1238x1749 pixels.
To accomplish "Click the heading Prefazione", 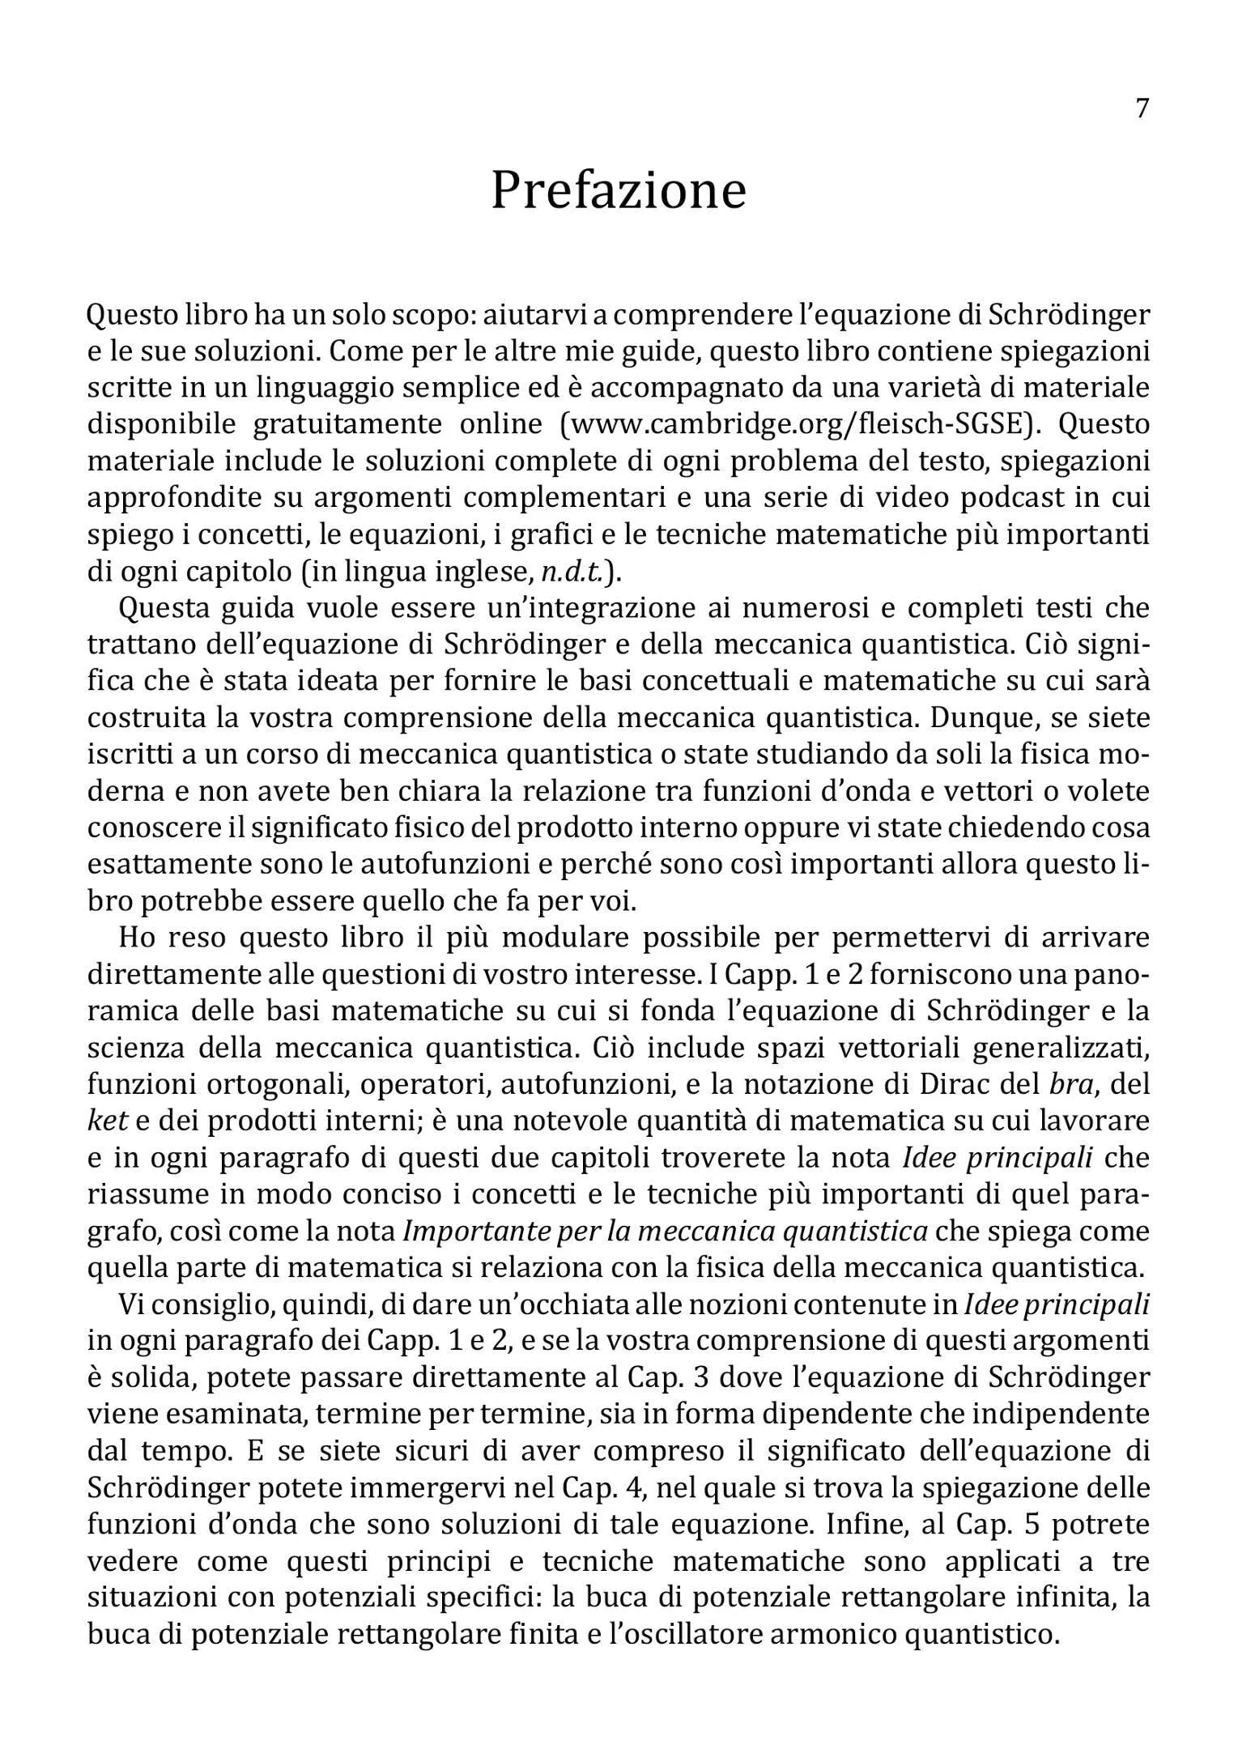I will click(619, 191).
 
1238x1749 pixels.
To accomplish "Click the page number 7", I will click(1142, 109).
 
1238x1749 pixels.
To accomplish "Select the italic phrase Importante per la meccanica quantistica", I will click(665, 1232).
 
